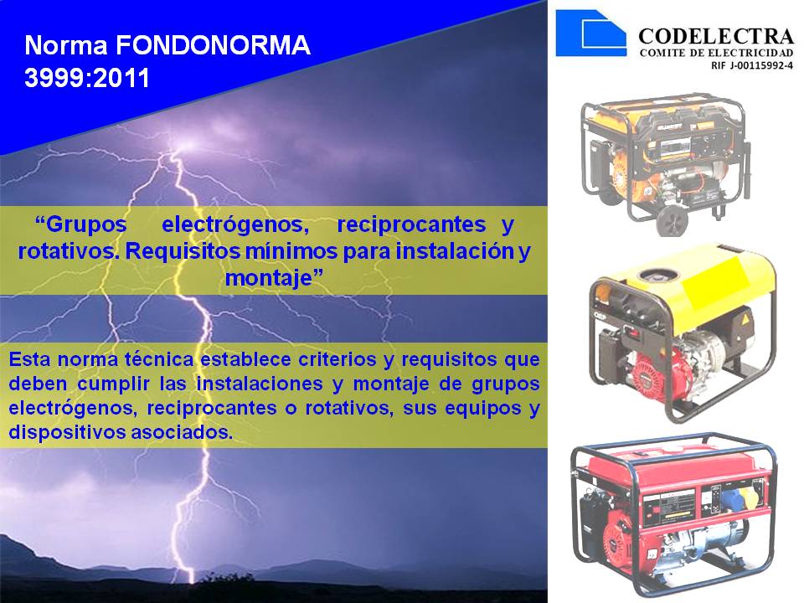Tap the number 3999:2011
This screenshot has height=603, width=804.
87,78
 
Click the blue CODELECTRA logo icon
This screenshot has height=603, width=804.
590,33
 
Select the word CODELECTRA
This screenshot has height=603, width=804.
715,36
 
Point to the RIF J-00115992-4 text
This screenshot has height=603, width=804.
751,64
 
